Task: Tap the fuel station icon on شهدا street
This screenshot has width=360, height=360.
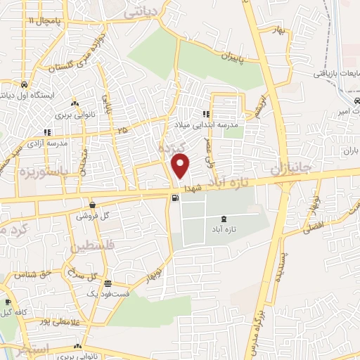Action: point(174,198)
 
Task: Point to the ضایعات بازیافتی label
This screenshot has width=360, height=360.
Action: point(336,73)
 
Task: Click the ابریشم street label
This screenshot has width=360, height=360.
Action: point(262,105)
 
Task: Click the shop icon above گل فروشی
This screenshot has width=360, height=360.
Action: point(93,205)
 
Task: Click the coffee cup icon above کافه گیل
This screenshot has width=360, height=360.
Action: point(8,303)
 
